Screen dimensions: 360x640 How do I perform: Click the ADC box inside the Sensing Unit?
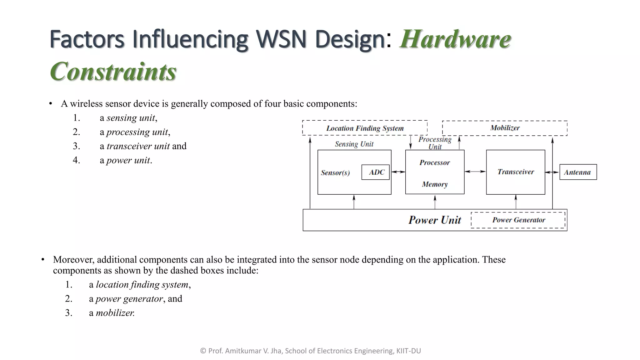376,172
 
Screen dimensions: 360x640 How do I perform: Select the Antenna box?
578,172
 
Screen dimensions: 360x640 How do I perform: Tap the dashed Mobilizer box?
505,128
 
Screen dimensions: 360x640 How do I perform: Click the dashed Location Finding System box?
365,128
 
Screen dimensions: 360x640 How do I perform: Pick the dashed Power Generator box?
518,220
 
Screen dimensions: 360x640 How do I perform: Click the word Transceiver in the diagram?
516,172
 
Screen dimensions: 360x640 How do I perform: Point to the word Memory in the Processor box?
435,184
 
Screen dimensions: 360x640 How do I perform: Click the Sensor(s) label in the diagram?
335,173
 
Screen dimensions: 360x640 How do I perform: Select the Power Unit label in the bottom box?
435,220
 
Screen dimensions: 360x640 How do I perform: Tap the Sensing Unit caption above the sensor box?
354,144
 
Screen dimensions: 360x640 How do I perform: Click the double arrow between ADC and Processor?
398,172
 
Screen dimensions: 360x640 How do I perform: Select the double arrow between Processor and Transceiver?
475,172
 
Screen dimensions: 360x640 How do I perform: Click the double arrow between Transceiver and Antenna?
552,172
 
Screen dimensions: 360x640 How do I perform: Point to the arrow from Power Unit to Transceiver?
516,202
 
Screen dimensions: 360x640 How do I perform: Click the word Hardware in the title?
455,39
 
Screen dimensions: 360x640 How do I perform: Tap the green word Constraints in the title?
113,72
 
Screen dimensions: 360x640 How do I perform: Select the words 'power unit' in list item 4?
128,160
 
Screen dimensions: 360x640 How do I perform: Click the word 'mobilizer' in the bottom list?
115,313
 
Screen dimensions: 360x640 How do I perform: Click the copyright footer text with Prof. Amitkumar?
310,351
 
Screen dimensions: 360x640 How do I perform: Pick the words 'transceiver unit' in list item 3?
138,146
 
